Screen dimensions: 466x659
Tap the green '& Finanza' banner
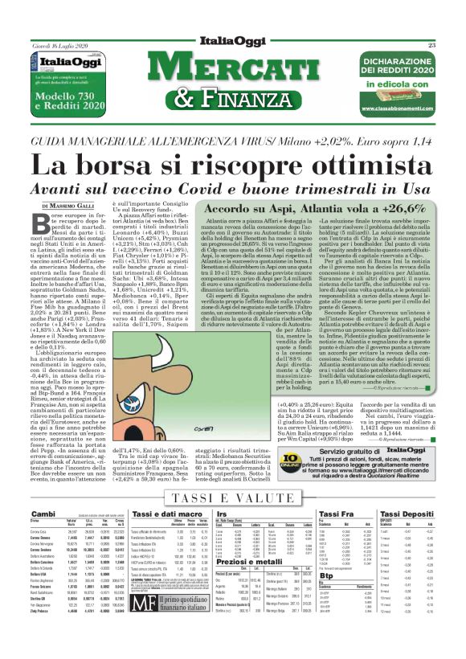point(232,98)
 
